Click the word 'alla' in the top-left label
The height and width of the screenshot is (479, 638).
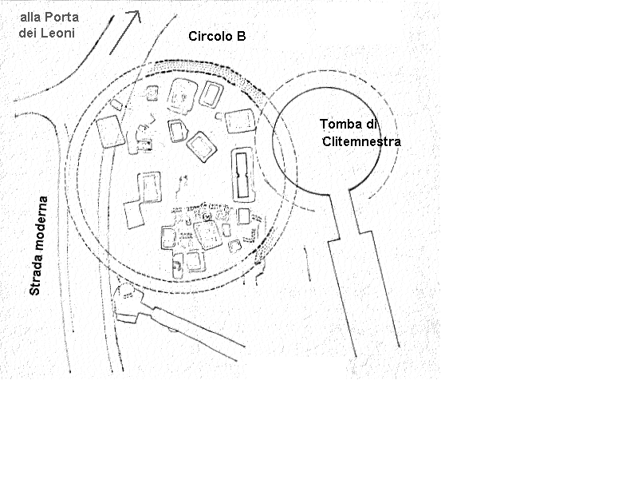coord(30,17)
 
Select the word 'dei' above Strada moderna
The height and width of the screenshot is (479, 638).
coord(27,33)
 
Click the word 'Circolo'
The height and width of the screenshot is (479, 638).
coord(207,36)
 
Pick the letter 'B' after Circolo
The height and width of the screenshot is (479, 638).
coord(242,36)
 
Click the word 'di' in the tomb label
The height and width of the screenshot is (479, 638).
coord(371,124)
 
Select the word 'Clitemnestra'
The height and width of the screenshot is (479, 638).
coord(362,141)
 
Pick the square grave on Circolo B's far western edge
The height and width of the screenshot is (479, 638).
coord(110,131)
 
